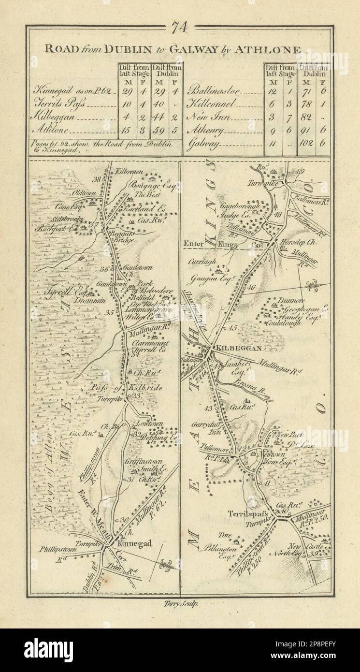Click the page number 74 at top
180,29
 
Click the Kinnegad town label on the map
135,543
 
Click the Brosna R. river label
251,382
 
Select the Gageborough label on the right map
240,205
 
